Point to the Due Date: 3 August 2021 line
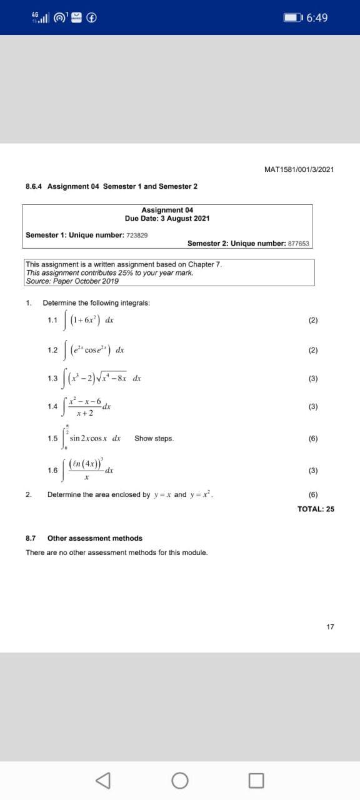click(x=167, y=219)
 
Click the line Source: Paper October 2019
click(x=72, y=281)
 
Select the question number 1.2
click(x=52, y=350)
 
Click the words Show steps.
click(x=154, y=439)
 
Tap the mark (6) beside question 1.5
click(x=313, y=439)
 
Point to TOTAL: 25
click(x=316, y=509)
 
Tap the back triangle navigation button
click(x=103, y=780)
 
